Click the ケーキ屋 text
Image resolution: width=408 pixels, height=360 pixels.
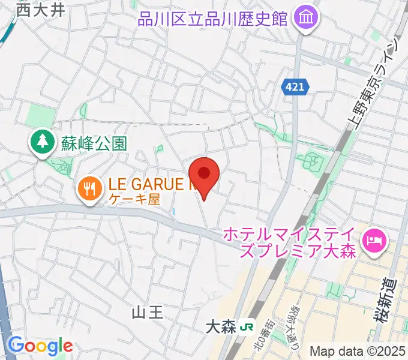135,200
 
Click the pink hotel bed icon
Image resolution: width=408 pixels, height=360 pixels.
374,241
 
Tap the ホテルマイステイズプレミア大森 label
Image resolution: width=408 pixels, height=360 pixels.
291,242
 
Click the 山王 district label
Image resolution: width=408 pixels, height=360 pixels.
147,313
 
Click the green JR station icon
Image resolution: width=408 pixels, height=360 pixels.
245,328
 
